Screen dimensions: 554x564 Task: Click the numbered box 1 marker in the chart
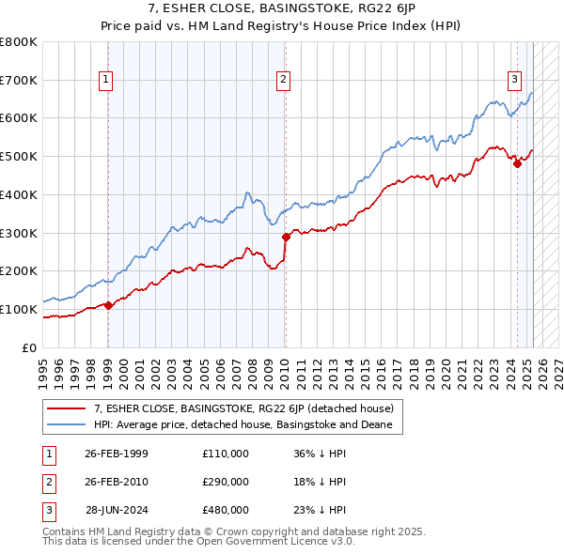point(107,81)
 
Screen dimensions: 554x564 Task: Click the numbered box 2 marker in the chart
point(283,81)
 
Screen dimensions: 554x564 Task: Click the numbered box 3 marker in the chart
point(515,81)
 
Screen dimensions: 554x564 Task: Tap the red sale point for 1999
point(108,305)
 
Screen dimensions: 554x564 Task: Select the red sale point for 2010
point(285,237)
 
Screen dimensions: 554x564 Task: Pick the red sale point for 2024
point(517,163)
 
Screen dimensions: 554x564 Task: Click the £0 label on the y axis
point(29,347)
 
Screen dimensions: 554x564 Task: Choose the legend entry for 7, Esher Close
point(249,408)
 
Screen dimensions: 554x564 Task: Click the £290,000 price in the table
point(226,482)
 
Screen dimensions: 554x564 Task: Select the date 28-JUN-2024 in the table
point(117,509)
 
